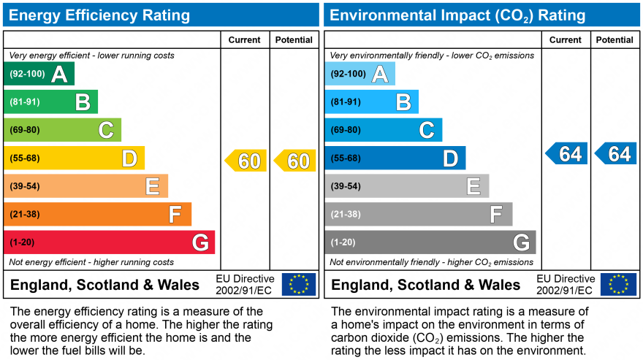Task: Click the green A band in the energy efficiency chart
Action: tap(39, 74)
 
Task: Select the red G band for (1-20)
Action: tap(110, 242)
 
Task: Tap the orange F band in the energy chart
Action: tap(98, 215)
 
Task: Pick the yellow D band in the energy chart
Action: tap(75, 158)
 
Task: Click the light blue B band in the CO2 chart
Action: tap(372, 102)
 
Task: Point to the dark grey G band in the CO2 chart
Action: tap(430, 242)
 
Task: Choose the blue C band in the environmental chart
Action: tap(384, 130)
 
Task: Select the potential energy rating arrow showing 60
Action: tap(295, 161)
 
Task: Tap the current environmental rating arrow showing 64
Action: tap(567, 154)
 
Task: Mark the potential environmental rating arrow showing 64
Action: tap(616, 154)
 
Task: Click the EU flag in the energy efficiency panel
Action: tap(299, 284)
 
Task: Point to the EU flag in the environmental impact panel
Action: tap(618, 284)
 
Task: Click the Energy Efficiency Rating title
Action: tap(99, 15)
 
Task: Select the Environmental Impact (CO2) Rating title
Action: tap(458, 15)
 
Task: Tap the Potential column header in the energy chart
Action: tap(294, 40)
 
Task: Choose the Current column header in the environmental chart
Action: tap(566, 40)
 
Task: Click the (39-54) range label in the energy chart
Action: tap(25, 186)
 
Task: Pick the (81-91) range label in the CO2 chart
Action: tap(346, 102)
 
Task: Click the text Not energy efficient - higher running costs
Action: tap(91, 262)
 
